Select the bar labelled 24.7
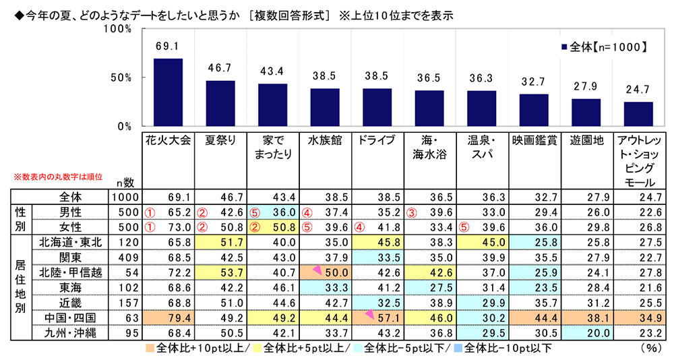(638, 114)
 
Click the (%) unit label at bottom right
(648, 349)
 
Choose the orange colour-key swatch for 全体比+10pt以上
(149, 349)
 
